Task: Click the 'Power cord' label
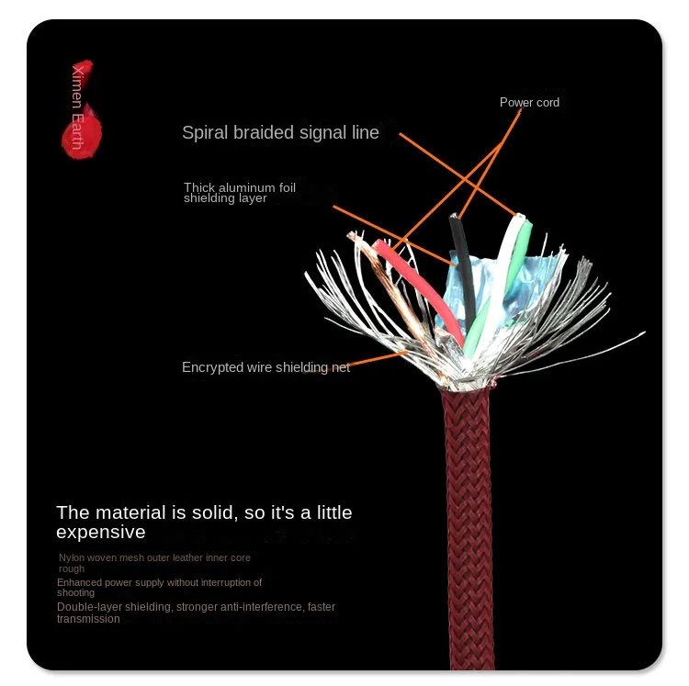pos(529,102)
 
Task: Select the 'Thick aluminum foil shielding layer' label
pos(239,192)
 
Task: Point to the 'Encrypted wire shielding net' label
pos(265,367)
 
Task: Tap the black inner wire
pos(463,266)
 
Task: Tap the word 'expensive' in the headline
pos(100,533)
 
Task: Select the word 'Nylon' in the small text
pos(71,557)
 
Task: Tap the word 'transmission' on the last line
pos(88,619)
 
